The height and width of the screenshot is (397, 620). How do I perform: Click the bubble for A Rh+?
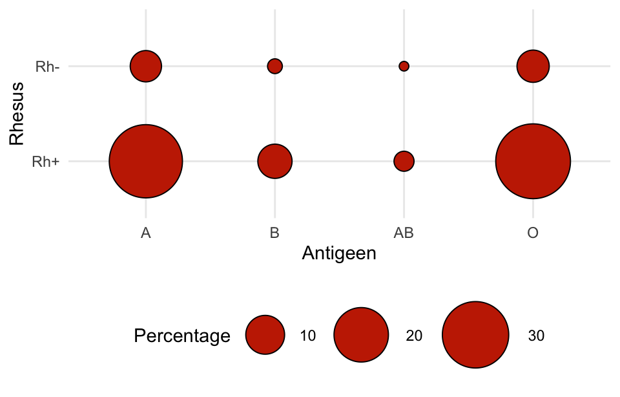click(146, 161)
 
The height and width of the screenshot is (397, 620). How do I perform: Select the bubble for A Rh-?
click(146, 66)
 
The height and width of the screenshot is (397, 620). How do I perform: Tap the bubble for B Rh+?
click(275, 161)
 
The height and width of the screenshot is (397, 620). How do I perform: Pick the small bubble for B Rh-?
click(275, 66)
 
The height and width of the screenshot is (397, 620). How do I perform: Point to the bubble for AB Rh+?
click(404, 161)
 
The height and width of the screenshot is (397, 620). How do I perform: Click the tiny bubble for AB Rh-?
click(404, 66)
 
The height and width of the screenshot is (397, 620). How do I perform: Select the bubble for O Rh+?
click(533, 161)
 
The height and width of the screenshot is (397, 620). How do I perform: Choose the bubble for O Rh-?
click(533, 66)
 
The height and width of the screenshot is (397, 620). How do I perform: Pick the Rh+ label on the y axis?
click(46, 162)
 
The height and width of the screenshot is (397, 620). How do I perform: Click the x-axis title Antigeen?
click(339, 253)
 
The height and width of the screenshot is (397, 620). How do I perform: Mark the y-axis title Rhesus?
click(17, 113)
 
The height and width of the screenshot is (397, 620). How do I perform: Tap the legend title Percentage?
click(181, 336)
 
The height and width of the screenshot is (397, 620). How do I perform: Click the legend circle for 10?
click(265, 335)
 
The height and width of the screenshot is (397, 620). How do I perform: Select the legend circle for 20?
click(361, 335)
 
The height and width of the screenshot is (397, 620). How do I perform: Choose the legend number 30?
click(536, 336)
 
